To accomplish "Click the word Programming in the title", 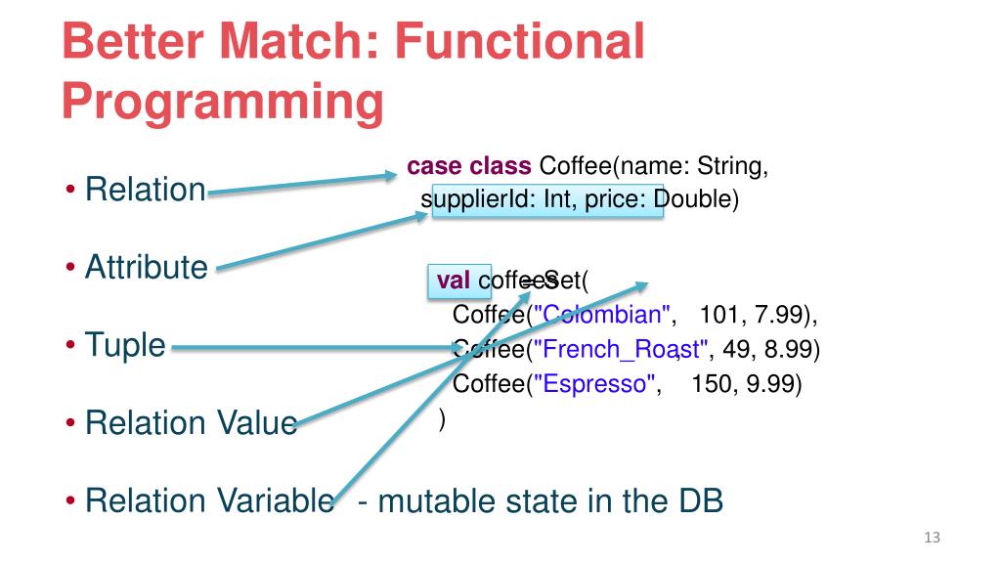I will tap(223, 102).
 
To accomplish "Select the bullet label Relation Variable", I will tap(209, 501).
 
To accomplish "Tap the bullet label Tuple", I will tap(125, 344).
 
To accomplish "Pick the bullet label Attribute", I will tap(147, 266).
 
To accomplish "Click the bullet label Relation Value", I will tap(192, 423).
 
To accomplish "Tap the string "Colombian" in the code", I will tap(605, 316).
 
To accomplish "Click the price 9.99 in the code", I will tap(769, 383).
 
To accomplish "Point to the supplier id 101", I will tap(718, 316).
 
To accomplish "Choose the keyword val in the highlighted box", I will tap(454, 281).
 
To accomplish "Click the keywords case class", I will tap(469, 166).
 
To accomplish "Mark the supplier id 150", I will tap(712, 383).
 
